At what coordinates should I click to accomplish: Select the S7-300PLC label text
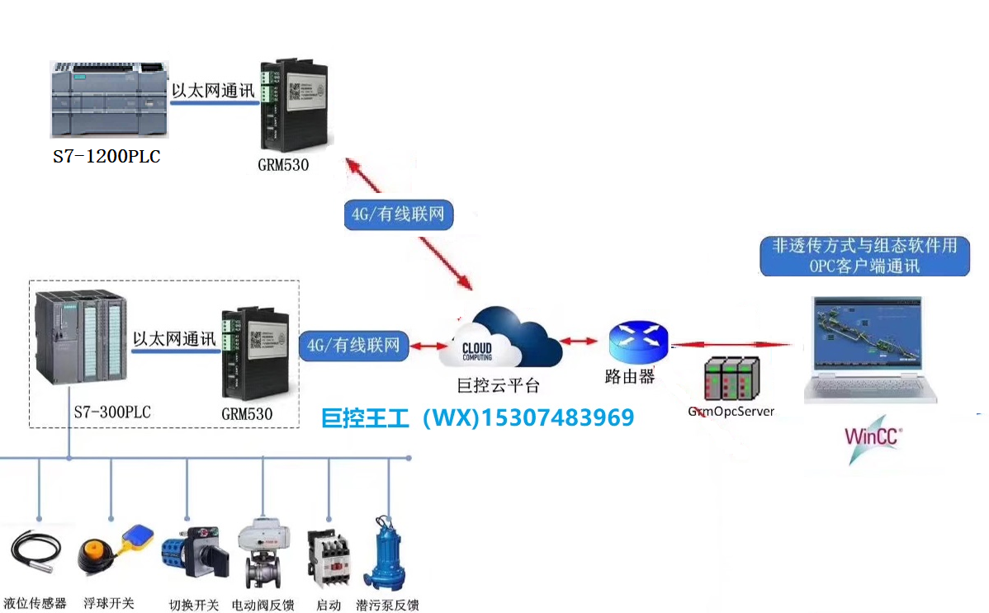click(x=109, y=412)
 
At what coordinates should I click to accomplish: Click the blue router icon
click(x=637, y=339)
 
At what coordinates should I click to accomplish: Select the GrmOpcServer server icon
click(x=732, y=378)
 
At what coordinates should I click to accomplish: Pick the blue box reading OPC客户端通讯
click(x=864, y=256)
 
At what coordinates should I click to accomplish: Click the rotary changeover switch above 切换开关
click(x=192, y=553)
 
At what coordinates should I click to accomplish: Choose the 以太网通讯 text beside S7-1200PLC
click(x=212, y=90)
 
